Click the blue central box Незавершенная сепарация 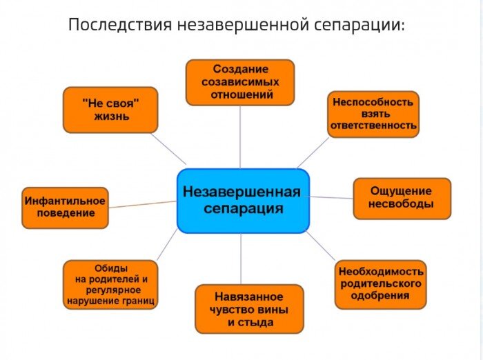click(x=243, y=200)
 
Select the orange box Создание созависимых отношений click(x=240, y=82)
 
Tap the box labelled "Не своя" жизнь click(x=110, y=110)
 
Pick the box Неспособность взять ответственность click(x=373, y=114)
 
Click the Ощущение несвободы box click(x=402, y=198)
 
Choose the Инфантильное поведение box click(x=66, y=207)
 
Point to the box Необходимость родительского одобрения click(x=380, y=283)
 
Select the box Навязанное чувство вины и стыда click(x=249, y=308)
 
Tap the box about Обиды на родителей click(x=110, y=284)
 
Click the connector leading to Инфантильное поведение click(x=143, y=203)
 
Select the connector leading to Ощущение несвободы click(x=331, y=197)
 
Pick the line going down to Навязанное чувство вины click(x=241, y=259)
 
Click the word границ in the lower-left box click(x=139, y=301)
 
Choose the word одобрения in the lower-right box click(x=379, y=296)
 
